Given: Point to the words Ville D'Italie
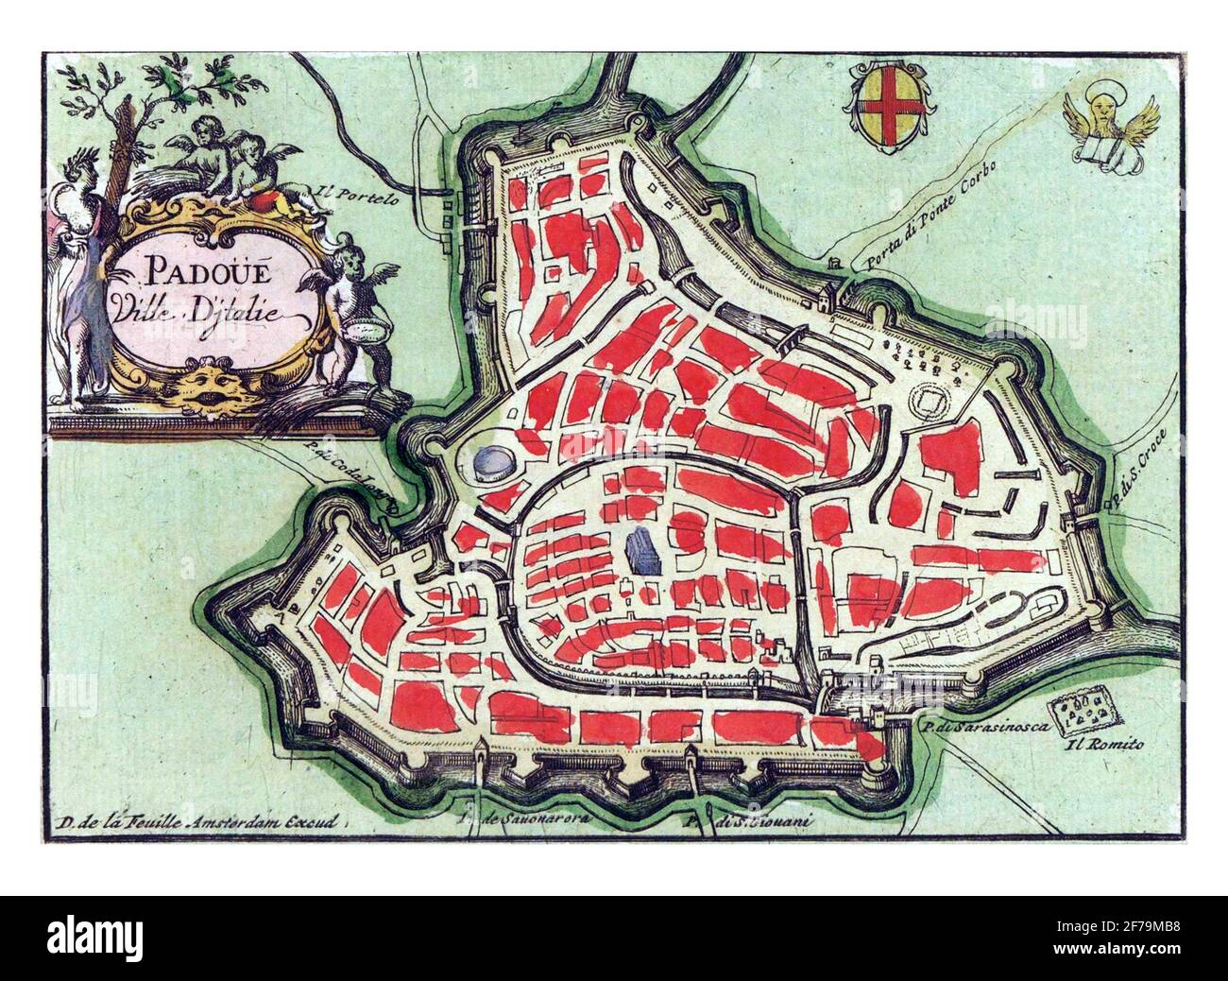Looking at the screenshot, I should click(210, 309).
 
